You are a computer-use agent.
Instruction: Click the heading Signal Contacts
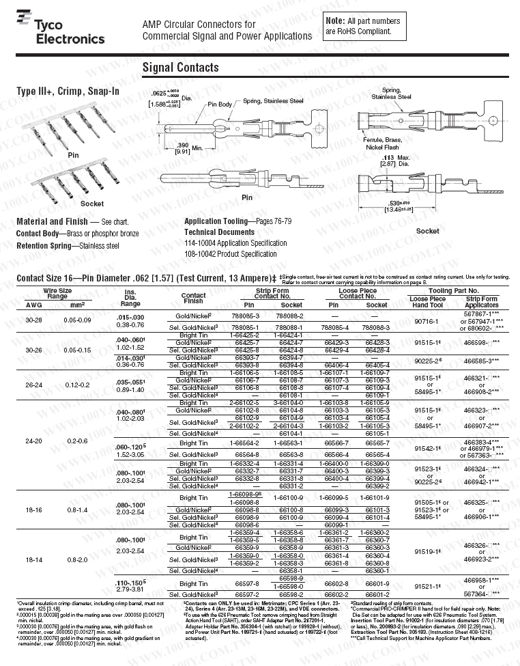(x=180, y=67)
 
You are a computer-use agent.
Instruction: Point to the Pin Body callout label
(x=220, y=104)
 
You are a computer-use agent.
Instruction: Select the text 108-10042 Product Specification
(x=231, y=254)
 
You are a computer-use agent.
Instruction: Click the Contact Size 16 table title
(x=146, y=278)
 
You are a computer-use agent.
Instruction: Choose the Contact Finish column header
(x=193, y=299)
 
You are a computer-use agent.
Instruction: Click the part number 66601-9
(x=377, y=584)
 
